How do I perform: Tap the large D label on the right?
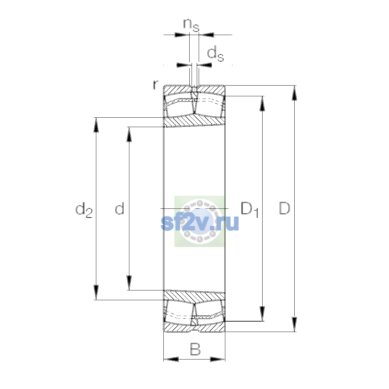point(284,208)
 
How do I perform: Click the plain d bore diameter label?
point(119,208)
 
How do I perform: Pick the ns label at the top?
point(191,25)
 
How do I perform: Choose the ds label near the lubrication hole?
point(216,53)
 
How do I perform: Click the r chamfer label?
point(155,85)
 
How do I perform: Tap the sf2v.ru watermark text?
point(200,223)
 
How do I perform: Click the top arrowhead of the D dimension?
point(294,93)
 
